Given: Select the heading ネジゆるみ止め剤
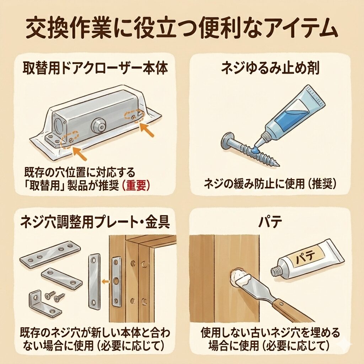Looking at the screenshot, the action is click(x=270, y=68).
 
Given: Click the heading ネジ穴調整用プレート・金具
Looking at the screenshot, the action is click(x=95, y=223).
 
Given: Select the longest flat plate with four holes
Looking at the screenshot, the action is click(x=50, y=253).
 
